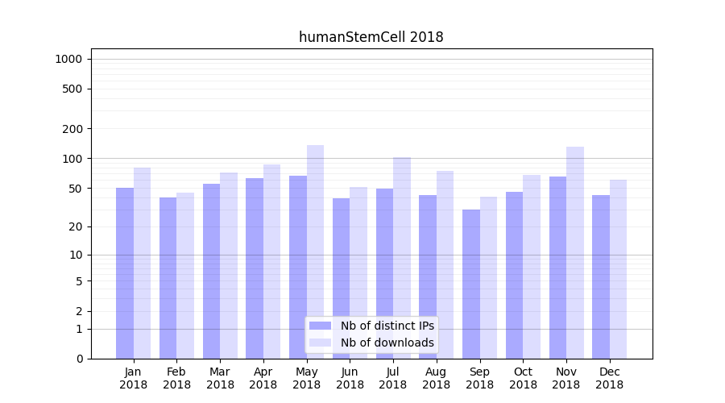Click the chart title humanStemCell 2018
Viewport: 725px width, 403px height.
pyautogui.click(x=371, y=37)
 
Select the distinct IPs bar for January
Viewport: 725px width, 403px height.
pyautogui.click(x=125, y=273)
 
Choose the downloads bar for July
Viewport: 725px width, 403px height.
pyautogui.click(x=402, y=258)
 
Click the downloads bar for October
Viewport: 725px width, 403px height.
pyautogui.click(x=532, y=267)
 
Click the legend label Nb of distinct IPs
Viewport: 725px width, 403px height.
pyautogui.click(x=387, y=326)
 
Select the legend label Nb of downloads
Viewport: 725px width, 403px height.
pyautogui.click(x=387, y=343)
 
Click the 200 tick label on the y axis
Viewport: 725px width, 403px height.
pyautogui.click(x=72, y=129)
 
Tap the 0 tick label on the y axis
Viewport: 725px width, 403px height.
pyautogui.click(x=79, y=359)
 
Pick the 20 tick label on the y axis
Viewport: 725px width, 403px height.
pyautogui.click(x=76, y=226)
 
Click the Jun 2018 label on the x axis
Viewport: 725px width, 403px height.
pyautogui.click(x=350, y=378)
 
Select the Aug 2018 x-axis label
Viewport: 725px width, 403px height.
pyautogui.click(x=436, y=378)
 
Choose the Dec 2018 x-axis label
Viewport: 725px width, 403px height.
pyautogui.click(x=609, y=378)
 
